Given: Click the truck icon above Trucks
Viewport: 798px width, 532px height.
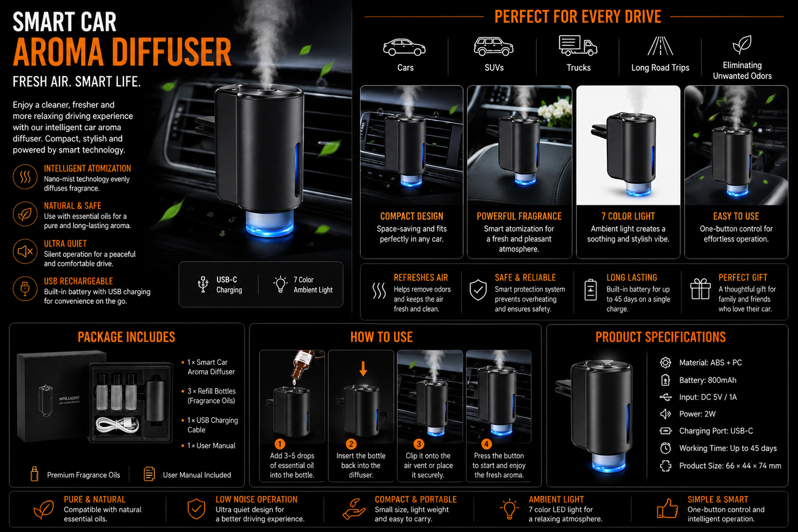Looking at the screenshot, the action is pos(578,46).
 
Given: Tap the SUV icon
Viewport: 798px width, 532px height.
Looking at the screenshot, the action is pos(493,46).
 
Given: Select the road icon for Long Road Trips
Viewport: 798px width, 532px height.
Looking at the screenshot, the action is pos(660,46).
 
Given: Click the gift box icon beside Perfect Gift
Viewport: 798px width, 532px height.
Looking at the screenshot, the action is pos(700,288).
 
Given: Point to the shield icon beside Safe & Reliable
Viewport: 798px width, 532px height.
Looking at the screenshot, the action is pos(478,290).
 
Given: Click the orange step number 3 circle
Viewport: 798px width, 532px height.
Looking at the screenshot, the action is pos(419,444).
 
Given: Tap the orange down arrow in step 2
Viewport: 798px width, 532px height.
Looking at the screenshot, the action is pos(363,369).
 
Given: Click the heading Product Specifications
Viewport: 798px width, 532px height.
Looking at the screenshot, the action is pos(660,337).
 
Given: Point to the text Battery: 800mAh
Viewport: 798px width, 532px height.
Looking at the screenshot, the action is pos(707,380).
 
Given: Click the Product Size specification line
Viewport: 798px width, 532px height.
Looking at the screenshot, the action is pos(730,466).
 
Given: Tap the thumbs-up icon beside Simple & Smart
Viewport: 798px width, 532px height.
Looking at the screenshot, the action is pos(667,508).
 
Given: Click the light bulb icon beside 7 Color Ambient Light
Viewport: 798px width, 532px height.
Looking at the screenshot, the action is pos(281,285).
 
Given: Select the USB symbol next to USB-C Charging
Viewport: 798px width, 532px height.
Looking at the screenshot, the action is pos(203,285).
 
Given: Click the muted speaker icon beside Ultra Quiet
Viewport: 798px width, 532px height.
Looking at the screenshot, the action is pos(25,251).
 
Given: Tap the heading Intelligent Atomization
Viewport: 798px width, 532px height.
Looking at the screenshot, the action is pos(87,168).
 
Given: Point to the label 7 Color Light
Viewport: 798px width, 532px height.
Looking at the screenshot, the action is pos(628,217).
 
